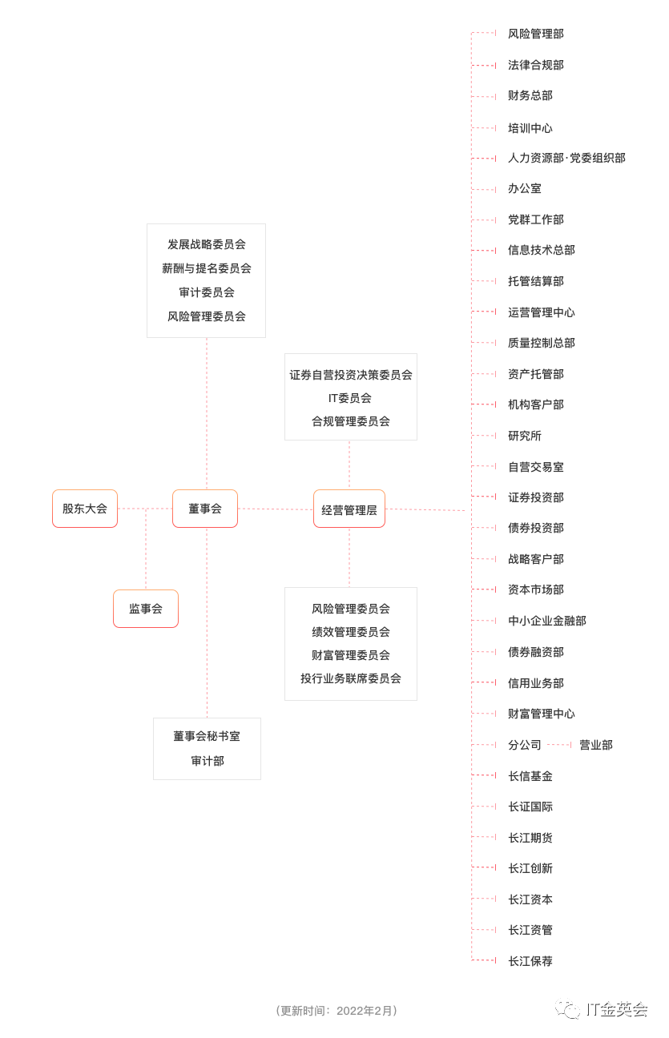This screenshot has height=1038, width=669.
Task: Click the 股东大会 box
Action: pos(85,509)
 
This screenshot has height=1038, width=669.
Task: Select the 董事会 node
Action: pos(205,509)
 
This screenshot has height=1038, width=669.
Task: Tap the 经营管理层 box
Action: pos(349,509)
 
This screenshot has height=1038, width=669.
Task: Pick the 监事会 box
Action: pos(146,609)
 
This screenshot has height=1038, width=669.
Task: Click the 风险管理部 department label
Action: pos(535,34)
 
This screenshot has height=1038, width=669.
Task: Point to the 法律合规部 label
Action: pos(535,65)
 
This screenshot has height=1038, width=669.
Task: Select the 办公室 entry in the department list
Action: pos(524,188)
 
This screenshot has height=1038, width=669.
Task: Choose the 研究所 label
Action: pos(524,436)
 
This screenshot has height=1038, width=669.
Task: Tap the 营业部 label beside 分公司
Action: pos(595,745)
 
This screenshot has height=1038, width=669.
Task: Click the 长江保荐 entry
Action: pos(530,961)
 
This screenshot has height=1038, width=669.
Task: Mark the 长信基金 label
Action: pos(530,776)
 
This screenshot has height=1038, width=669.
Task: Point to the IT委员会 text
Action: pos(350,398)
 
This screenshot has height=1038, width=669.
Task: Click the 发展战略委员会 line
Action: pos(207,244)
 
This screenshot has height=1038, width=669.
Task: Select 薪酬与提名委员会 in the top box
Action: pos(207,268)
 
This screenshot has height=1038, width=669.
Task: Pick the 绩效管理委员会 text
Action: pos(351,632)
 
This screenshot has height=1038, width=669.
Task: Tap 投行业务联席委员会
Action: pos(351,678)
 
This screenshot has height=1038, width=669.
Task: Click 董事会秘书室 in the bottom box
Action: pos(207,736)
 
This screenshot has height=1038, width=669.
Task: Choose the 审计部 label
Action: pos(207,761)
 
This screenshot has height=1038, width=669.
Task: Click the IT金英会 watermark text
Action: pos(616,1009)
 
